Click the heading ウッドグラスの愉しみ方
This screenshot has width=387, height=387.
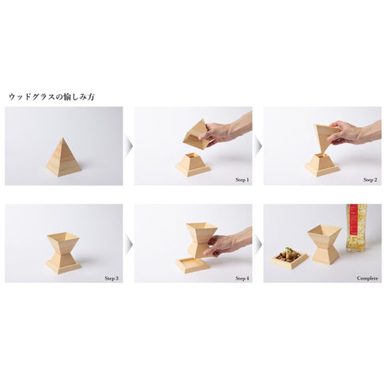coord(52,97)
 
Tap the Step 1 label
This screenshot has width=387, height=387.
coord(242,180)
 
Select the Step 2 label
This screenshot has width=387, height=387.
coord(370,180)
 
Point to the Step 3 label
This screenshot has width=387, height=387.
coord(111,278)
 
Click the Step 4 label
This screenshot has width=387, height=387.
coord(242,278)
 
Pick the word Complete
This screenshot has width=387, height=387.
coord(367,278)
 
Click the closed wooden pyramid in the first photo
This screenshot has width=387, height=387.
coord(63,157)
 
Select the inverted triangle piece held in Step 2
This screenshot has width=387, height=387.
coord(325,138)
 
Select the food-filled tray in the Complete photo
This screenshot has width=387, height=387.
coord(289,259)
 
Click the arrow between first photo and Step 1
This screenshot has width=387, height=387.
coord(129,145)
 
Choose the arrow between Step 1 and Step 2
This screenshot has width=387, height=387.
coord(258,145)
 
